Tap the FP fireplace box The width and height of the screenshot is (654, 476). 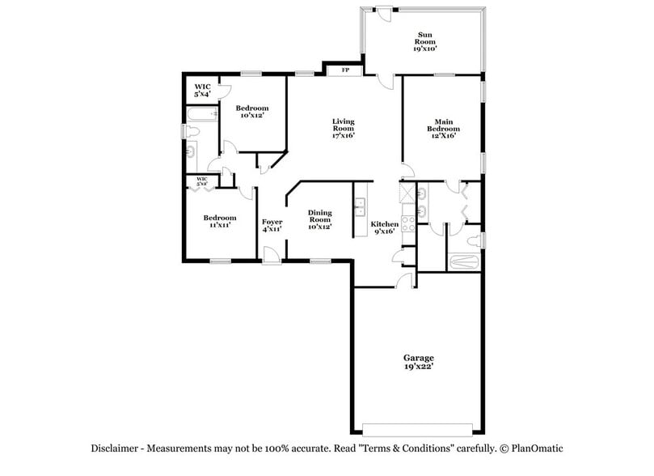pos(345,70)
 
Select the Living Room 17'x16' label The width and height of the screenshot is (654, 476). pos(344,129)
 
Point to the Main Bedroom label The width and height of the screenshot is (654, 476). pos(444,129)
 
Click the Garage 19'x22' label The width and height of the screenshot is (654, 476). pos(419,362)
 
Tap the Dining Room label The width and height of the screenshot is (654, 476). pos(320,219)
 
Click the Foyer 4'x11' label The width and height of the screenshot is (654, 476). pos(272,225)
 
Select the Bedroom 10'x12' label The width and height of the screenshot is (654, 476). pos(252,112)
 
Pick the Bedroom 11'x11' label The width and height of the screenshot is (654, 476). pos(219,221)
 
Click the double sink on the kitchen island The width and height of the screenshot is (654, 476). pos(361,207)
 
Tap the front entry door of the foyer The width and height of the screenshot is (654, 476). pos(272,257)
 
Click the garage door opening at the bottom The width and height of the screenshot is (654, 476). pos(417,428)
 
